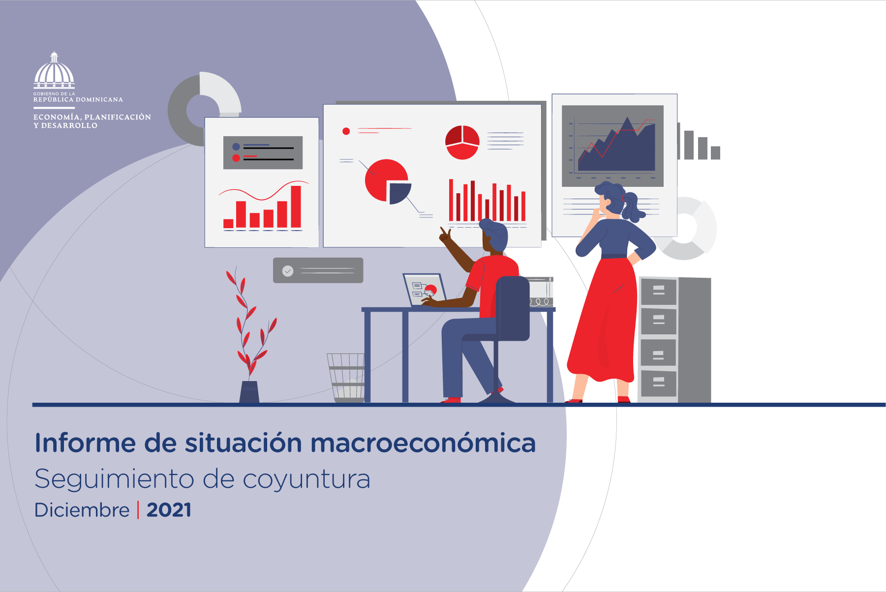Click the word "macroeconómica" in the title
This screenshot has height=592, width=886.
click(423, 443)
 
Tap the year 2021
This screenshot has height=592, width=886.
click(169, 510)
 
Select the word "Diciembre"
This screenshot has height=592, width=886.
click(82, 510)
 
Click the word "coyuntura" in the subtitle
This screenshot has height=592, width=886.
click(306, 479)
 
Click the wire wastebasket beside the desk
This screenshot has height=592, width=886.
click(346, 378)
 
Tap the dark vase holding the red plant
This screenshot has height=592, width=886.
click(249, 392)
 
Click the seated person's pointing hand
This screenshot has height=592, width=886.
click(445, 236)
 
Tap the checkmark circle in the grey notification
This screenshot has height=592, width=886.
click(288, 271)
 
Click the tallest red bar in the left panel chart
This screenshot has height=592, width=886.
click(296, 207)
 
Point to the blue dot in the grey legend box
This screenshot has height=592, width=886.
click(236, 147)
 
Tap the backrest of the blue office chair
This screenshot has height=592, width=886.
click(512, 308)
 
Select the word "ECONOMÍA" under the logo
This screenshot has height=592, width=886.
click(57, 117)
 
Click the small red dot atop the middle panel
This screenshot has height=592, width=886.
click(346, 131)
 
